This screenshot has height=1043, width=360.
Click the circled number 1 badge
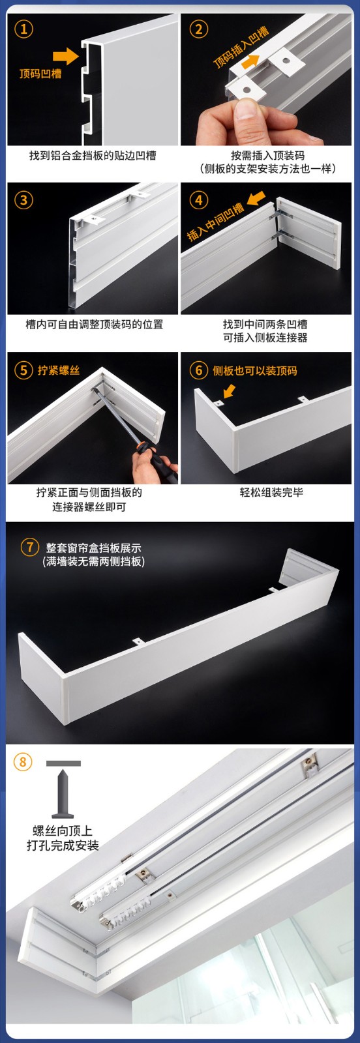click(x=23, y=29)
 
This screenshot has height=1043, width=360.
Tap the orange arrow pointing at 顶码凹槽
click(x=66, y=56)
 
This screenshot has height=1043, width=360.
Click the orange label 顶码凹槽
click(x=40, y=74)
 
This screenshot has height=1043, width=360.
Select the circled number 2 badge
click(x=199, y=29)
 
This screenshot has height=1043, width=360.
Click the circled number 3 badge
click(x=23, y=200)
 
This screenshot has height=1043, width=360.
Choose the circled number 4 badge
click(x=199, y=200)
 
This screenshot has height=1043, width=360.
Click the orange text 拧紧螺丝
click(x=59, y=370)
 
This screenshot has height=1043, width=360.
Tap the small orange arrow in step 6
click(x=229, y=391)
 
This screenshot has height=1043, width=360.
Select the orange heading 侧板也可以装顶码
click(x=255, y=371)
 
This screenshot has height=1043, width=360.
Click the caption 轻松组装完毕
click(x=271, y=492)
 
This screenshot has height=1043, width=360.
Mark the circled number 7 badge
click(x=30, y=546)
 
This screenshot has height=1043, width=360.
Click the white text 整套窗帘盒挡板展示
click(x=94, y=548)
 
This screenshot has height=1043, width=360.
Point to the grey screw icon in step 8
click(x=63, y=789)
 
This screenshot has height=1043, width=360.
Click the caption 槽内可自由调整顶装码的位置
click(x=94, y=324)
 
